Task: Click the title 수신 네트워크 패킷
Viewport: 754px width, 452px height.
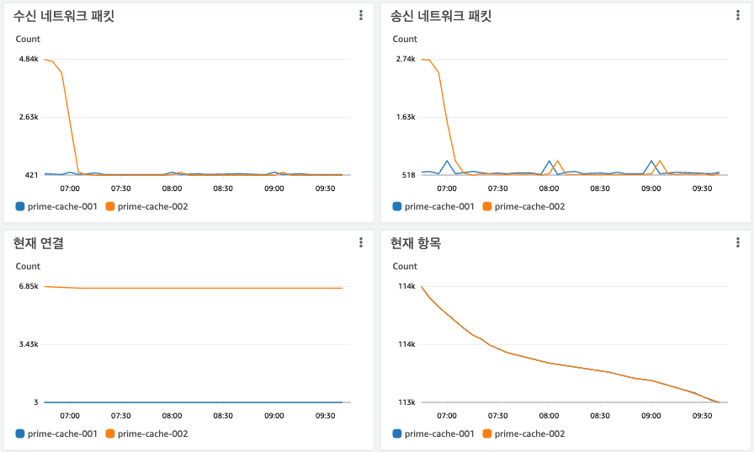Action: pyautogui.click(x=64, y=16)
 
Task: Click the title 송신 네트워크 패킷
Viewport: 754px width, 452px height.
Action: pyautogui.click(x=441, y=16)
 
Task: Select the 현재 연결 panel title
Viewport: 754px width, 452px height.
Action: pyautogui.click(x=39, y=243)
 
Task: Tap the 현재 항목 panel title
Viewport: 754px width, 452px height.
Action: pyautogui.click(x=416, y=243)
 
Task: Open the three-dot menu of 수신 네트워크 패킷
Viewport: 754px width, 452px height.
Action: pyautogui.click(x=361, y=15)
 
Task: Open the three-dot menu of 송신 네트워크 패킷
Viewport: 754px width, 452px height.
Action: pyautogui.click(x=738, y=15)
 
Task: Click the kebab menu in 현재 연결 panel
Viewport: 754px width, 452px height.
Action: pyautogui.click(x=361, y=242)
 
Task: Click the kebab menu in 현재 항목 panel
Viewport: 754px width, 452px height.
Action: pyautogui.click(x=738, y=242)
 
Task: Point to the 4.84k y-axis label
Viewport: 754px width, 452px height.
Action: pyautogui.click(x=29, y=59)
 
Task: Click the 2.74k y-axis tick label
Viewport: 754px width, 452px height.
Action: pyautogui.click(x=406, y=59)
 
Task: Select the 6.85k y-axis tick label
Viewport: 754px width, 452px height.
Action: pyautogui.click(x=29, y=286)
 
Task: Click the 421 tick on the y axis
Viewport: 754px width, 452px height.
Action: pyautogui.click(x=31, y=175)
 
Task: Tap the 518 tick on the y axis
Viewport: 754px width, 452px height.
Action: pyautogui.click(x=408, y=175)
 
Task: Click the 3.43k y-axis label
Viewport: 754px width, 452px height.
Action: pyautogui.click(x=29, y=344)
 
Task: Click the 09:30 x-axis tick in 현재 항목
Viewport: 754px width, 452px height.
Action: pyautogui.click(x=702, y=416)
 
